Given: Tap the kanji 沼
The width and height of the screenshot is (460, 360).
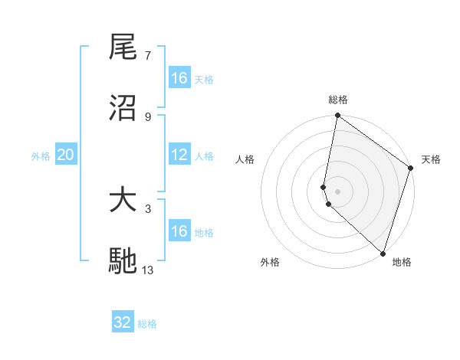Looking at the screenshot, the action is tap(123, 108).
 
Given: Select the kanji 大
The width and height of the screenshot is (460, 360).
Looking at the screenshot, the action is tap(123, 201).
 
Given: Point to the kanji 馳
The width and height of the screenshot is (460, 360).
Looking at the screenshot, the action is tap(123, 261).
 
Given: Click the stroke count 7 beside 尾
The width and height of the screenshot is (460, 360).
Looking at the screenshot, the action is tap(147, 55).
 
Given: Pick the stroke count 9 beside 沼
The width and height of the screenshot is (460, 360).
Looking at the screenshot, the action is tap(147, 116).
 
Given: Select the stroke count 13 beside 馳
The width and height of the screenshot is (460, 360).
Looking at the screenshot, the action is tap(148, 270).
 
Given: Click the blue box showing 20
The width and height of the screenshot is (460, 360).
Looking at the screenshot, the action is tap(65, 155).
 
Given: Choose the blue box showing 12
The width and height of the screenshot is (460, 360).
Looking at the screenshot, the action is tap(179, 155).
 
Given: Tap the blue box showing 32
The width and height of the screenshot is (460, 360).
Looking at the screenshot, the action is tap(123, 322).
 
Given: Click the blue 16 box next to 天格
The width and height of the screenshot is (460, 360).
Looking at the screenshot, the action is tap(179, 78).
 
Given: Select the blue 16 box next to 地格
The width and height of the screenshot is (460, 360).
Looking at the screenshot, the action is tap(179, 231).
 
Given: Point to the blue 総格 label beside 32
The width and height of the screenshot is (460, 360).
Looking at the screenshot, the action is tap(147, 324).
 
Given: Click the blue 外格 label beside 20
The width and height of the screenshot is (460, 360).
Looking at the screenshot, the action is tap(41, 156).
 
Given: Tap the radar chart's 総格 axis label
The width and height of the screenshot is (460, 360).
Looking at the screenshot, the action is tap(338, 100).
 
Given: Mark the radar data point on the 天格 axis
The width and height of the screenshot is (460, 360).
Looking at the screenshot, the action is tap(411, 169).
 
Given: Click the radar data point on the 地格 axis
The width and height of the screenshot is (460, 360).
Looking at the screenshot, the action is tap(383, 253).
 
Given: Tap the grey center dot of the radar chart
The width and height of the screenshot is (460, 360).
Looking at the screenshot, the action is tap(338, 191).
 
